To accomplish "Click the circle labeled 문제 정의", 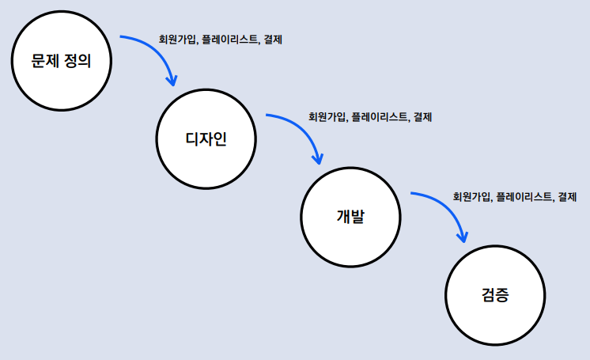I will (61, 62).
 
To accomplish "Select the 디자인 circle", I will (206, 139).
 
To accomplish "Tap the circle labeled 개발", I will (350, 216).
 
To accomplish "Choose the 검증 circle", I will (495, 295).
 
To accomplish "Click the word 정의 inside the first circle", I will (78, 62).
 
